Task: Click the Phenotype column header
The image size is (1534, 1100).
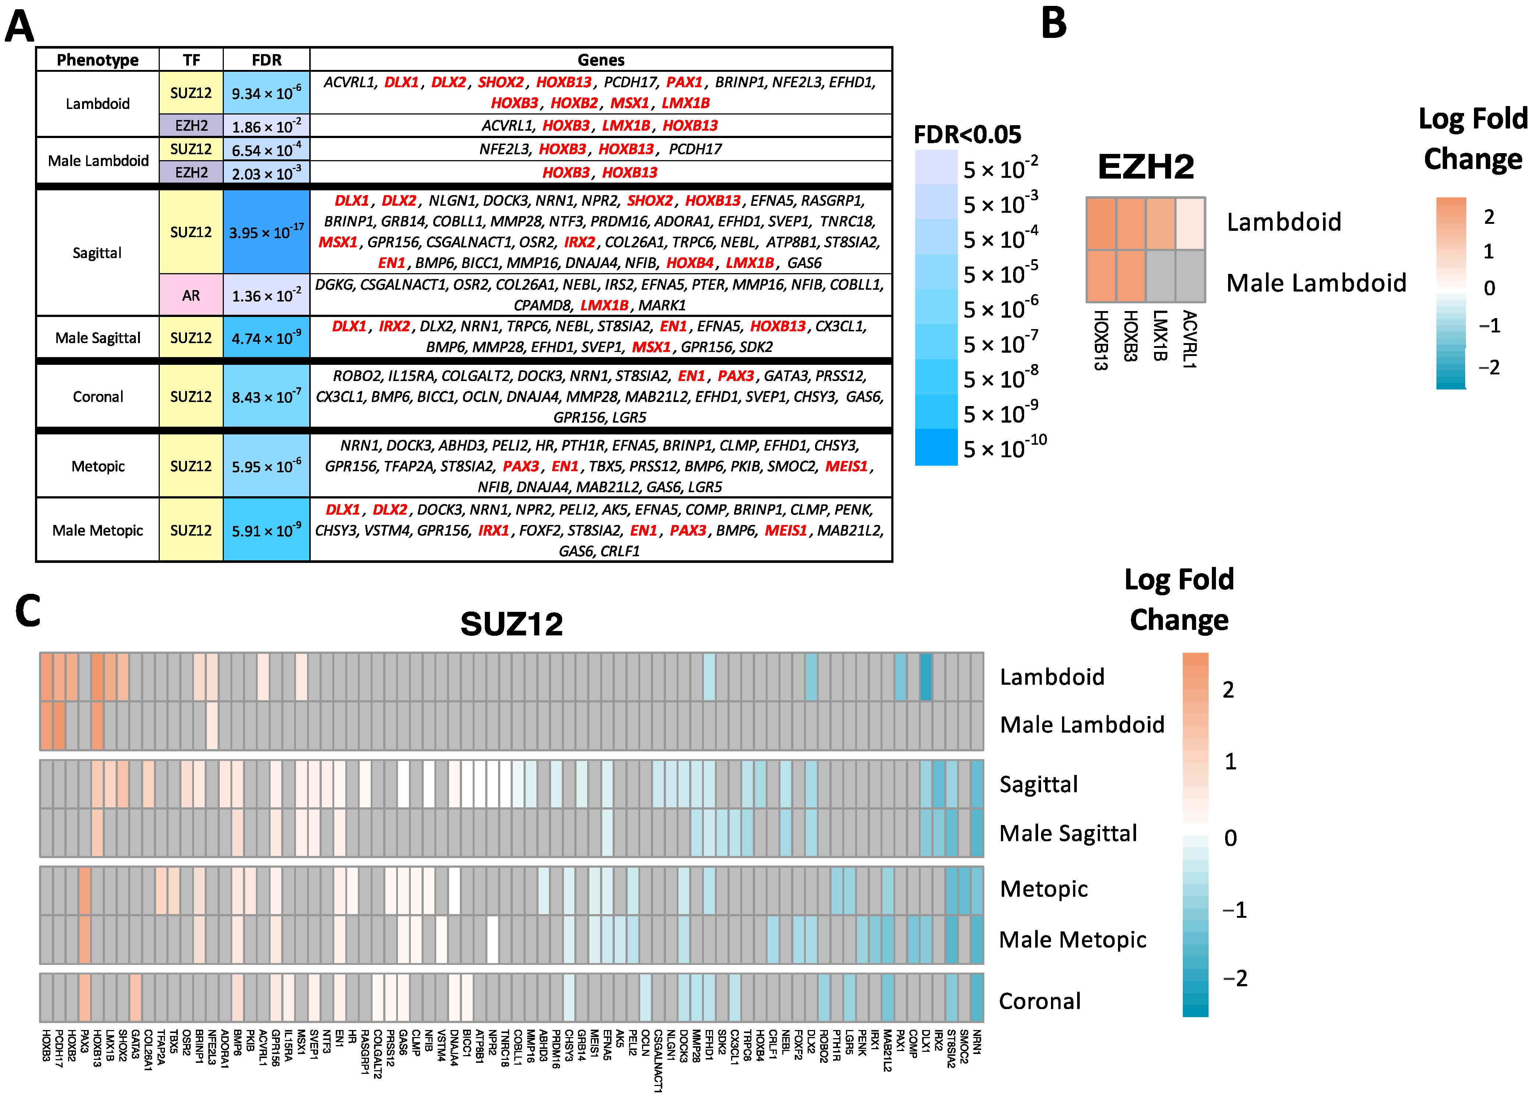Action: click(98, 60)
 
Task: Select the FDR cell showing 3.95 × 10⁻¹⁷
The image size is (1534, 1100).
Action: click(267, 232)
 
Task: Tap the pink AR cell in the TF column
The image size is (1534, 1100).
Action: click(191, 295)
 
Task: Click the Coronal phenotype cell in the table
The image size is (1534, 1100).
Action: click(98, 396)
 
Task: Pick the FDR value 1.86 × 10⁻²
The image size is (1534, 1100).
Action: click(267, 126)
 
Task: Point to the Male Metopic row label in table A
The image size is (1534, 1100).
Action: click(98, 530)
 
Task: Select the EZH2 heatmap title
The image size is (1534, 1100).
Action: click(1145, 166)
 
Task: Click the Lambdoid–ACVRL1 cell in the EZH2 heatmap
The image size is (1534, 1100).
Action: click(1191, 223)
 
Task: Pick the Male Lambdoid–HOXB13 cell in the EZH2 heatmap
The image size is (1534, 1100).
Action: click(1101, 276)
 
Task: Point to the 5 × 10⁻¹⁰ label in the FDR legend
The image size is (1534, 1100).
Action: click(1004, 448)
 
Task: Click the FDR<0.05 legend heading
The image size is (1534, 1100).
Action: click(967, 134)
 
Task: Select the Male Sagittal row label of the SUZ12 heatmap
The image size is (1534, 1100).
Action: click(1068, 833)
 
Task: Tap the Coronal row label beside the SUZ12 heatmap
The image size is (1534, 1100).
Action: click(1040, 1001)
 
